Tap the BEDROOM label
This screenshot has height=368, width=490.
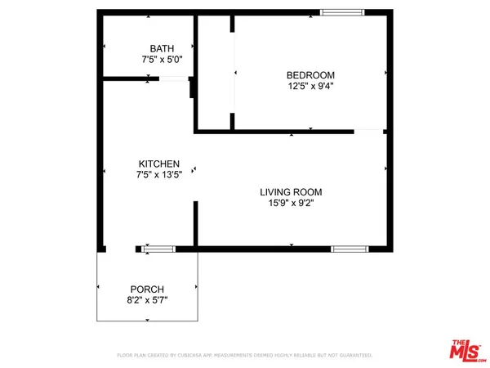306,75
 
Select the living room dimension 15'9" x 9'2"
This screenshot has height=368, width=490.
287,203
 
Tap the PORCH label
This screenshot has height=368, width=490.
147,289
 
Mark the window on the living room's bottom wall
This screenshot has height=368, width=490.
350,248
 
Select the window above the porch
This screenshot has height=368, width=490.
158,248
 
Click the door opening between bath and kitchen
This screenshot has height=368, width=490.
173,79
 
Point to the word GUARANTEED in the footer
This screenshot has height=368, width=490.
354,356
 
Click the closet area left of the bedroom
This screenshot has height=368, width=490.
215,74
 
